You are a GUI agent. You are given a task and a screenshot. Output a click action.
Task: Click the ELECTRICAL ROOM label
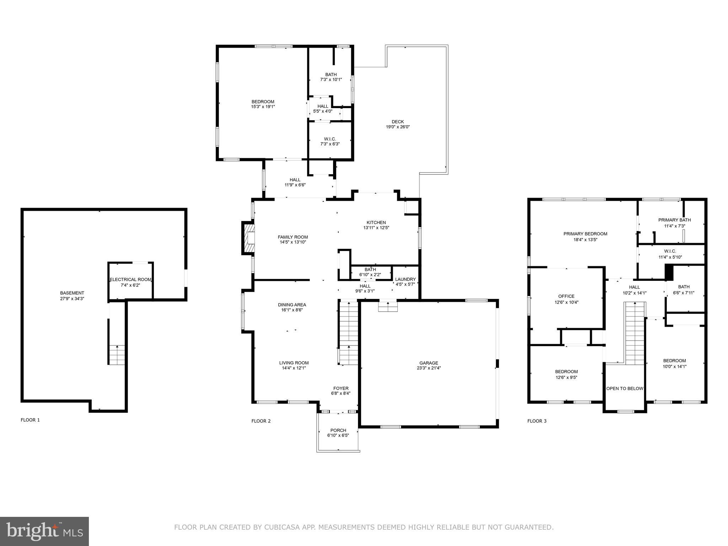click(x=130, y=279)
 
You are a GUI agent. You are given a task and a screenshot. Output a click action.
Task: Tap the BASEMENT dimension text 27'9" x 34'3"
click(x=72, y=299)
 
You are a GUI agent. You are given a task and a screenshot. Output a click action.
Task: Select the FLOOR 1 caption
click(x=30, y=420)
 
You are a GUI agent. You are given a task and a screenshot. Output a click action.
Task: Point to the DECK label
click(x=398, y=122)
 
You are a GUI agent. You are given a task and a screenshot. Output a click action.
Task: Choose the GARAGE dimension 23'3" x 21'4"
click(x=429, y=368)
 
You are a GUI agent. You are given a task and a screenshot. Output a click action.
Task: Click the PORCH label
click(x=338, y=430)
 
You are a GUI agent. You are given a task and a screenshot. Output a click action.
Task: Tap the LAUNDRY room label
click(x=405, y=279)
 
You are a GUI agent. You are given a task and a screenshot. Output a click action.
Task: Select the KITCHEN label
click(x=376, y=223)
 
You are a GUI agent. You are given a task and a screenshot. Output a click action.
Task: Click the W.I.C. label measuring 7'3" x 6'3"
click(x=330, y=139)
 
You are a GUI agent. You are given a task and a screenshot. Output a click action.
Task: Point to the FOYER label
click(x=341, y=388)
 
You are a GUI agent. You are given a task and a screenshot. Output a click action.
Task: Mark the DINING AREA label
click(x=292, y=305)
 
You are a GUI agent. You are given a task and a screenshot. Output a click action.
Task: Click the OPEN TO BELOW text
click(x=625, y=389)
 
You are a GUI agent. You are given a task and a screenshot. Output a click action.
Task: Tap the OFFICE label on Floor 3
click(x=566, y=296)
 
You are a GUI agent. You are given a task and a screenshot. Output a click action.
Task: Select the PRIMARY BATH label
click(x=674, y=220)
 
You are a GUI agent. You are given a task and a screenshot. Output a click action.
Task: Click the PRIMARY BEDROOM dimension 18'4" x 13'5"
click(x=585, y=240)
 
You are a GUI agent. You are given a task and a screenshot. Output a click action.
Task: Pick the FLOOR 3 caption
click(x=537, y=421)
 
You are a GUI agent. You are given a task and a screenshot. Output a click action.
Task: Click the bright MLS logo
click(x=44, y=531)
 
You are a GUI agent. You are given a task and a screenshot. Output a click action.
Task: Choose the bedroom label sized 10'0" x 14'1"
click(x=674, y=360)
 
